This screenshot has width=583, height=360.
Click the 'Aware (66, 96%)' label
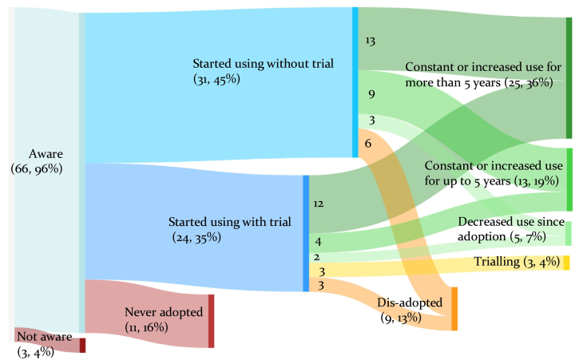point(37,161)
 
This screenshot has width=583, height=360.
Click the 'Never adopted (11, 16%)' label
point(164,319)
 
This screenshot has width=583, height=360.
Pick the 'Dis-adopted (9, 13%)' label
point(410,310)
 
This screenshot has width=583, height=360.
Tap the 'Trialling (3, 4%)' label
point(517,262)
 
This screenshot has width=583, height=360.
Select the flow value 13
point(370,41)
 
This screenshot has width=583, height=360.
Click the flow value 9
point(371,95)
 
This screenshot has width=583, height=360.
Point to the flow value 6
point(367,143)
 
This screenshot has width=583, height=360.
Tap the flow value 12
point(319,204)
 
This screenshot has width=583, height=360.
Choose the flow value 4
point(318,242)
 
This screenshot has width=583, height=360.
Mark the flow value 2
point(316,257)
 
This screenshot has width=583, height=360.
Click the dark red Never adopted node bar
point(211,321)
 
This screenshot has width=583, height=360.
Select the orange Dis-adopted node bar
point(454,309)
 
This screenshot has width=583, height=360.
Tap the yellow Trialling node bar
point(567,263)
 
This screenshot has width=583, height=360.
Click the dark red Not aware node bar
point(82,345)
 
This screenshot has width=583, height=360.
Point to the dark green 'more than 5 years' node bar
point(569,78)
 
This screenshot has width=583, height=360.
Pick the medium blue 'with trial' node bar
point(306,233)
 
